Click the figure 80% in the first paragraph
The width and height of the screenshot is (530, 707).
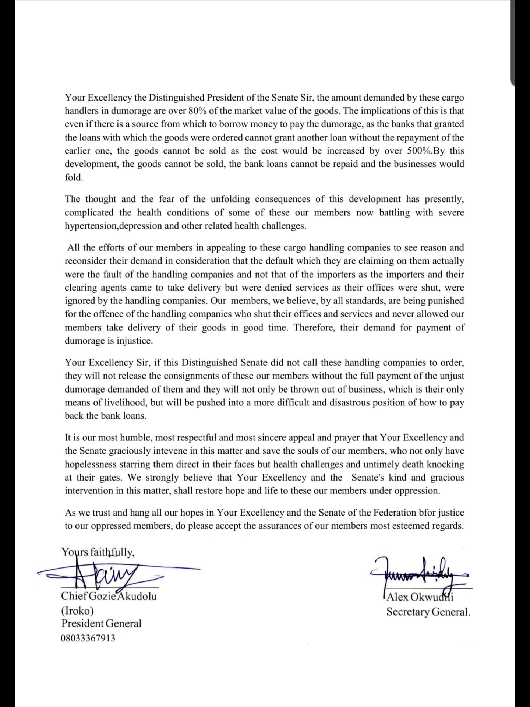coord(198,111)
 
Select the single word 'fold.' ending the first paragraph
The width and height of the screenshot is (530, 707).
coord(74,177)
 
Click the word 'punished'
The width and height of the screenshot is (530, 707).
coord(444,301)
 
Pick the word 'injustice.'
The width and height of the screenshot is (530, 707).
coord(134,341)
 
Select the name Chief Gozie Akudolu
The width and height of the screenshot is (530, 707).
coord(109,596)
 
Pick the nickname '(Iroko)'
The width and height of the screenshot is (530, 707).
coord(77,611)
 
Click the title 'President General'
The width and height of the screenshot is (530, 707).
coord(101,624)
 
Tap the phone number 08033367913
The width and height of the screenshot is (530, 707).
coord(88,638)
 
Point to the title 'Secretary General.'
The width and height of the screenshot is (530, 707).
coord(428,612)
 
